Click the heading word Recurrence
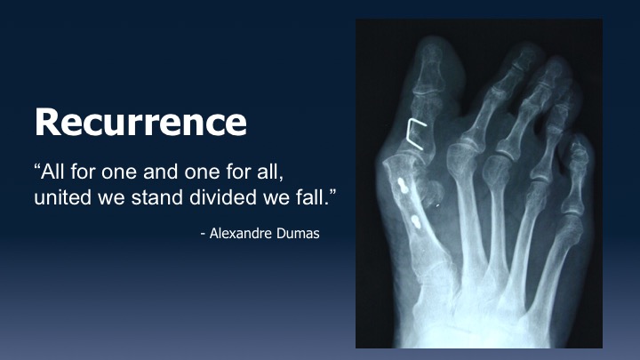point(140,122)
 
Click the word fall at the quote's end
point(312,197)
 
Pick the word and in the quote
point(161,172)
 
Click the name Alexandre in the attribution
point(240,234)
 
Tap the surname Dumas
point(298,234)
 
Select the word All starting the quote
point(52,172)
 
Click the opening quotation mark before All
point(37,166)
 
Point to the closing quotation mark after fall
point(332,192)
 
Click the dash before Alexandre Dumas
point(203,235)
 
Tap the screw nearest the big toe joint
point(404,185)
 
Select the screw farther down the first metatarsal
point(415,221)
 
